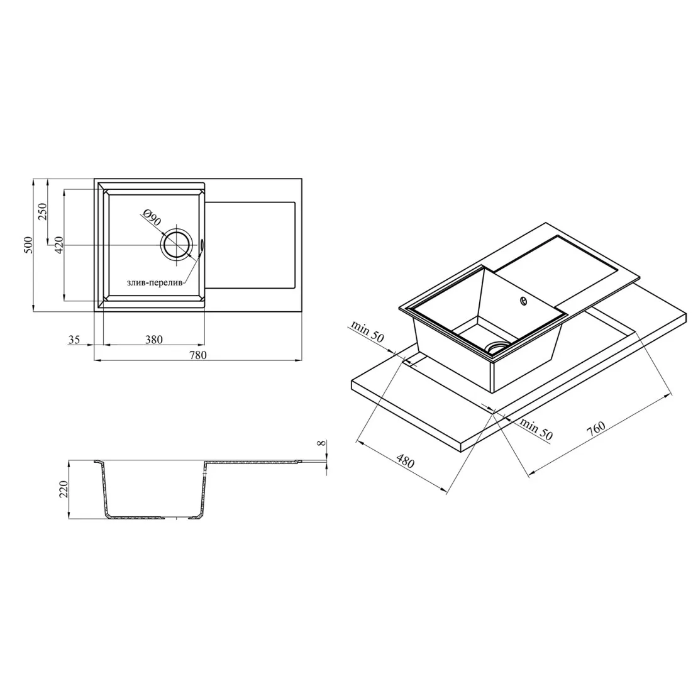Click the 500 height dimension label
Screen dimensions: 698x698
(28, 245)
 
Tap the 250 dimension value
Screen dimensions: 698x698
(42, 212)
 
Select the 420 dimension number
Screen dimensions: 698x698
(58, 245)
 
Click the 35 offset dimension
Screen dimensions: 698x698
(74, 340)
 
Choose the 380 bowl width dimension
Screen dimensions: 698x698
(153, 340)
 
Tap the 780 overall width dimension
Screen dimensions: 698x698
(198, 355)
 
